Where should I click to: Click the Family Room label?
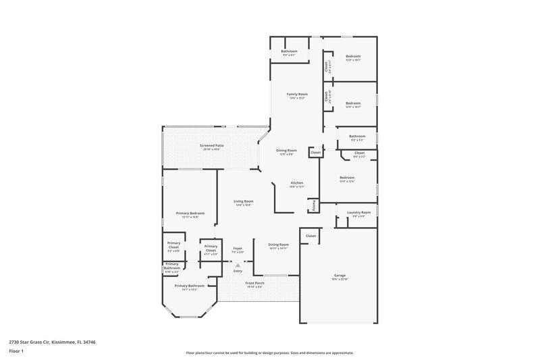tap(296, 95)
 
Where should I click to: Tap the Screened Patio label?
tap(211, 146)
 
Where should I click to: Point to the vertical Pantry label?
tap(314, 205)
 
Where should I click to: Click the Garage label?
tap(340, 276)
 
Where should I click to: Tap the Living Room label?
tap(244, 201)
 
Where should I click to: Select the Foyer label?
tap(238, 249)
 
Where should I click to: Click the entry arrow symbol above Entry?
tap(238, 265)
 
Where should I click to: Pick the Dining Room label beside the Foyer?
tap(278, 245)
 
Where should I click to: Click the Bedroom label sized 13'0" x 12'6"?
tap(347, 178)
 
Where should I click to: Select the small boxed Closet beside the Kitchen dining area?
tap(316, 153)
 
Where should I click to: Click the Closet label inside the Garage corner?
tap(310, 236)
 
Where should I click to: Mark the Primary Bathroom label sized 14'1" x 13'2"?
tap(190, 286)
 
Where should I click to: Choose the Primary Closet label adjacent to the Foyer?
tap(211, 248)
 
